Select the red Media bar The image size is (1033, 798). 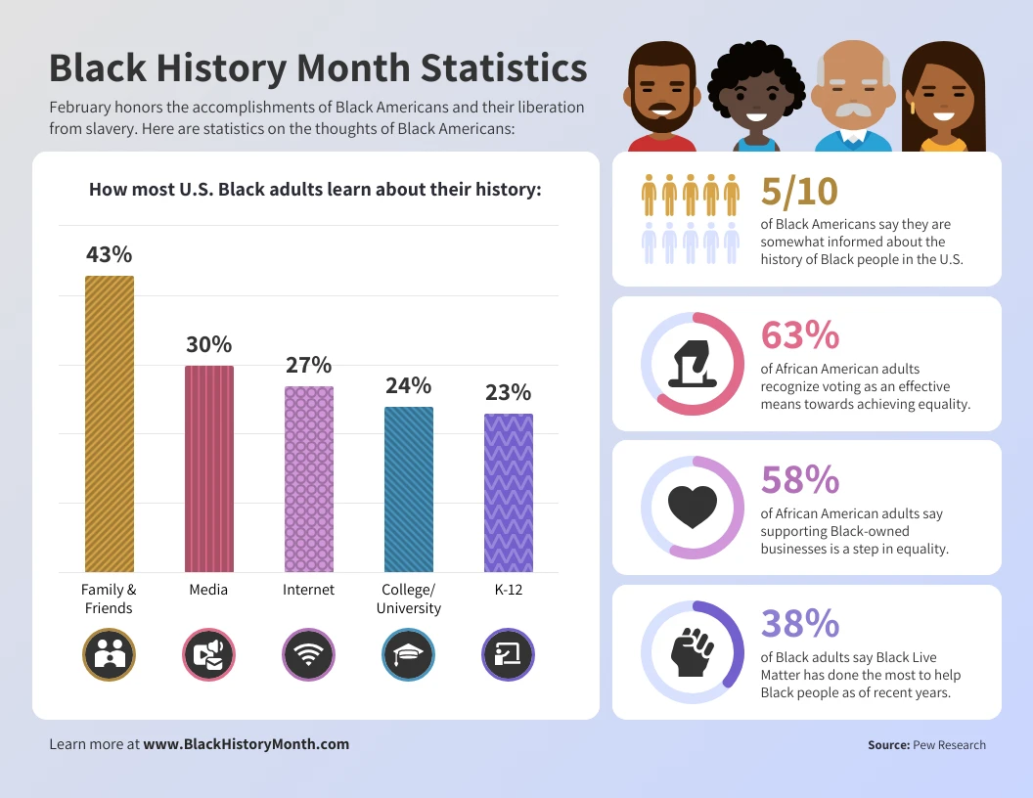click(209, 468)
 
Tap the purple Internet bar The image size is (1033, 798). click(309, 479)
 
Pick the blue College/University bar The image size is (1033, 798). click(409, 489)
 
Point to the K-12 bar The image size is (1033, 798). click(509, 493)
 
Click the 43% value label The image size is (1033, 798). click(109, 254)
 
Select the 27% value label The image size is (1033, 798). click(309, 365)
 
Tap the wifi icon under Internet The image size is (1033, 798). click(309, 654)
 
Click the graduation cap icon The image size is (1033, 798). click(408, 654)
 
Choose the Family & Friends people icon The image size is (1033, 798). click(109, 654)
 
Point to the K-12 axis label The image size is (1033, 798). click(508, 590)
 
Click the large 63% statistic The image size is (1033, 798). click(800, 335)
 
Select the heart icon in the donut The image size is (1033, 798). click(693, 507)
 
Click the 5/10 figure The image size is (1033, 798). click(799, 192)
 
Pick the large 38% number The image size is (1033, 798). click(800, 623)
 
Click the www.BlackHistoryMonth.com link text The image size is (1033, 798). click(247, 744)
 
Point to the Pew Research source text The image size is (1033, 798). click(949, 745)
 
